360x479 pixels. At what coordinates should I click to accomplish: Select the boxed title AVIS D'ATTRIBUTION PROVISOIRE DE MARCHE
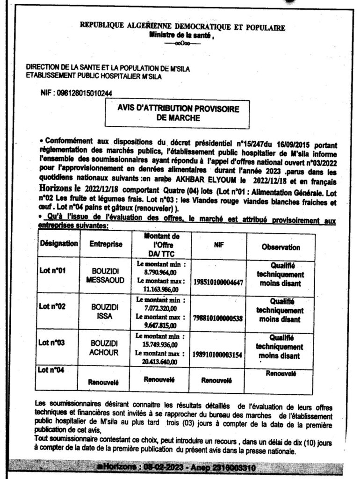(179, 114)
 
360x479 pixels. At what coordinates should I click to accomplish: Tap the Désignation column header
(59, 243)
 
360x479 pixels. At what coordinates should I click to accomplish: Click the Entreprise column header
(106, 244)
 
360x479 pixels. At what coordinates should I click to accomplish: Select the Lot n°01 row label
(51, 270)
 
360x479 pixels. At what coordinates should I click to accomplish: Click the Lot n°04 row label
(51, 370)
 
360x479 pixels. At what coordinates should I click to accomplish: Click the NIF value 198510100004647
(218, 283)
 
